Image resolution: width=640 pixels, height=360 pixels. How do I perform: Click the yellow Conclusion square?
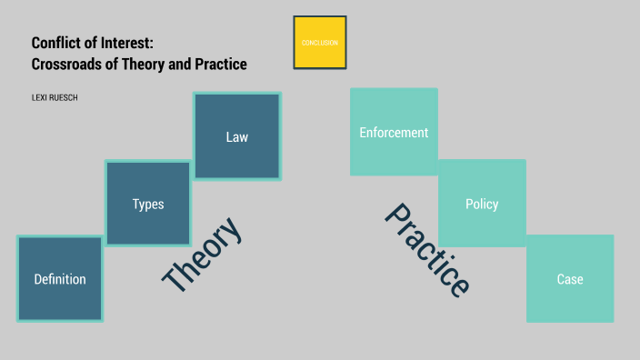pyautogui.click(x=320, y=43)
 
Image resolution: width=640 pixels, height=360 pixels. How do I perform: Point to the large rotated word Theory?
pyautogui.click(x=203, y=255)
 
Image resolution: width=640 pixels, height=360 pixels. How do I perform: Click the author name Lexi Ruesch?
pyautogui.click(x=55, y=97)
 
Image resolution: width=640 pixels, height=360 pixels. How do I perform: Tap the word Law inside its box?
pyautogui.click(x=236, y=137)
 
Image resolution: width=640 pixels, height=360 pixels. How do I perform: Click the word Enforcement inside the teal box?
pyautogui.click(x=394, y=132)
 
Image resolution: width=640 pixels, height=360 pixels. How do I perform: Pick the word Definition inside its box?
pyautogui.click(x=60, y=279)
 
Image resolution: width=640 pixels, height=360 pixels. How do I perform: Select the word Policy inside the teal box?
pyautogui.click(x=482, y=205)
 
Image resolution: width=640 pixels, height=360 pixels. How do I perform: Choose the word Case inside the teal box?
pyautogui.click(x=570, y=279)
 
